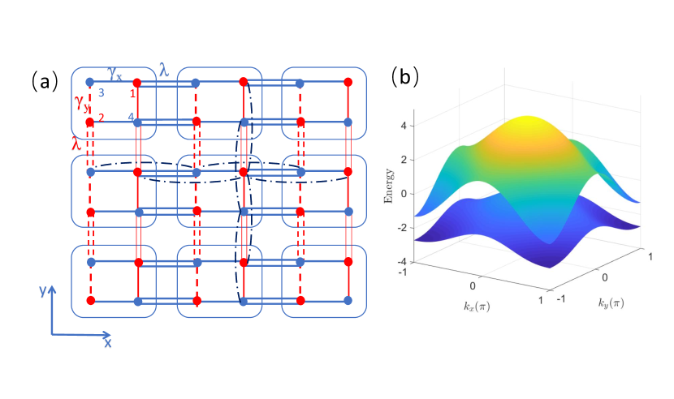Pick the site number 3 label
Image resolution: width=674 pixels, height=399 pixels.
(x=101, y=92)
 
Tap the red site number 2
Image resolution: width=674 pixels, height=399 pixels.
(x=101, y=118)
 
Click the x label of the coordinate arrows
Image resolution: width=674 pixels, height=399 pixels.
(x=107, y=342)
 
